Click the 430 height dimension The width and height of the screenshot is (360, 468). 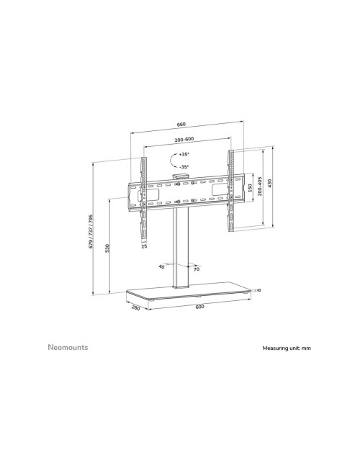point(270,186)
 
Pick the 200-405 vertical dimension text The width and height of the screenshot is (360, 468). point(258,190)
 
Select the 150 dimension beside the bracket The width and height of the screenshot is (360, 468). point(250,190)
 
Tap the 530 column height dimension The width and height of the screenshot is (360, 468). point(107,248)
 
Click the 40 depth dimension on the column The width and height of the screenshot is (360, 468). point(161,266)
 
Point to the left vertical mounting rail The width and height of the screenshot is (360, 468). point(144,194)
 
